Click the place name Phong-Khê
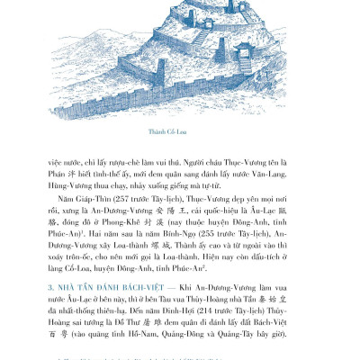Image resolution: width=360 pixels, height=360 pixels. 127,219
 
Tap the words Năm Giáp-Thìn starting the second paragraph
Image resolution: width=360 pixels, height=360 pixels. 83,193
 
